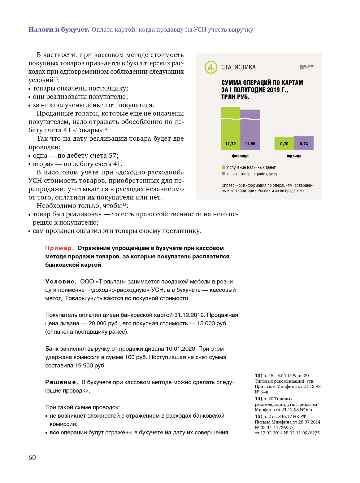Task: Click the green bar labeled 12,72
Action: click(230, 130)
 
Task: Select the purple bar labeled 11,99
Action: click(250, 132)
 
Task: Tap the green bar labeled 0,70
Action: click(284, 143)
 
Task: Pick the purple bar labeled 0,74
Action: click(304, 143)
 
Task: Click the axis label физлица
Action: click(240, 156)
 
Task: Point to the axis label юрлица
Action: click(294, 156)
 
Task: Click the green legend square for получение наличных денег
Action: click(223, 167)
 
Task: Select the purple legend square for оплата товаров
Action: click(223, 174)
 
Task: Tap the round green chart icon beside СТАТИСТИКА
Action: click(211, 67)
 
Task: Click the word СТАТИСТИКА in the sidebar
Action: click(238, 67)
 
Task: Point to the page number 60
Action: click(32, 458)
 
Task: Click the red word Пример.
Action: click(59, 248)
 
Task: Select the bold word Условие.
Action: click(61, 282)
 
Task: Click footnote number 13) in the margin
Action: click(258, 375)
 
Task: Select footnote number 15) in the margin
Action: click(258, 416)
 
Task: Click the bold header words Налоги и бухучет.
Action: click(59, 30)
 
